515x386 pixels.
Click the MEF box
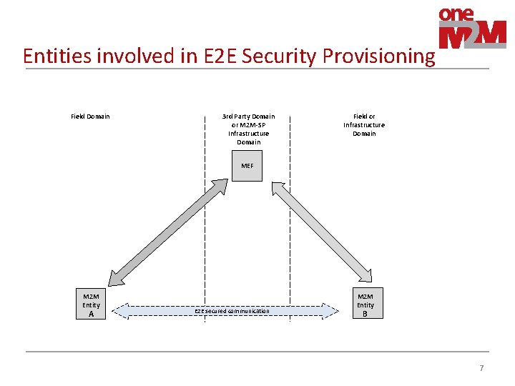pos(247,166)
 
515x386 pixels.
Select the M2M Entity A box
pos(91,304)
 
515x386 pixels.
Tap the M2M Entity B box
pos(365,304)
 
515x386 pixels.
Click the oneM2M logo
pos(471,29)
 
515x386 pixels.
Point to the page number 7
pos(481,368)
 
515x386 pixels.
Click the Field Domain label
pos(90,117)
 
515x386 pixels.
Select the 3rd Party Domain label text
pos(248,129)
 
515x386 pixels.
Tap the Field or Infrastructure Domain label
pos(364,124)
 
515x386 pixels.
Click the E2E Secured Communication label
pos(232,311)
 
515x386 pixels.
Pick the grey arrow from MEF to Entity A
pos(169,229)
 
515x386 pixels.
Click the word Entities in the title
pos(54,56)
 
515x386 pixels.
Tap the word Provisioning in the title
pos(378,56)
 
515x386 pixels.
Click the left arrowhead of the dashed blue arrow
pos(122,311)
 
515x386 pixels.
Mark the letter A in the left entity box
pos(91,314)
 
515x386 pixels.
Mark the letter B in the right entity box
pos(365,314)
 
